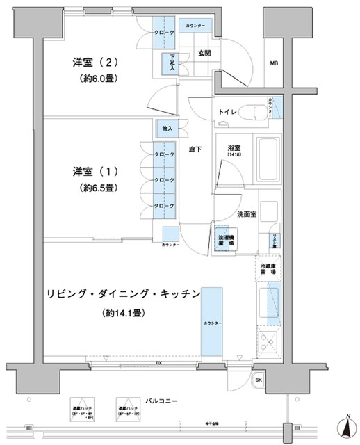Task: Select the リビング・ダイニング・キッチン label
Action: [x=124, y=293]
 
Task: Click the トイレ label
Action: [x=229, y=111]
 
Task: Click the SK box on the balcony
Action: [x=259, y=380]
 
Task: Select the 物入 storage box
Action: [x=167, y=129]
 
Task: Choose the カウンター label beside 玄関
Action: [x=195, y=26]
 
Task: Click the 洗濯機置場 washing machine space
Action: [x=222, y=238]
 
